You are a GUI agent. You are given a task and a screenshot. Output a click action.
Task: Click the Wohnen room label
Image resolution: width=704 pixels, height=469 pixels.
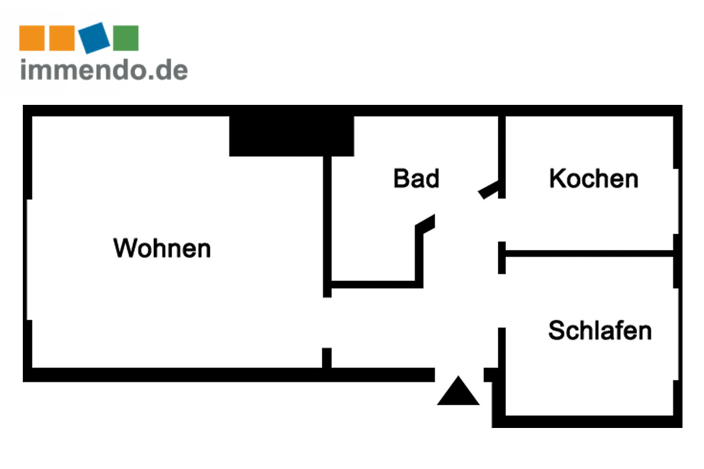click(162, 248)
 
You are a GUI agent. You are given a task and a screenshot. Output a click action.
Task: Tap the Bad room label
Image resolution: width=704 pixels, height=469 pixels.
click(416, 178)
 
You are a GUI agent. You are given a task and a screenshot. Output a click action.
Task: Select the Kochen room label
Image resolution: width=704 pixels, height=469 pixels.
click(593, 178)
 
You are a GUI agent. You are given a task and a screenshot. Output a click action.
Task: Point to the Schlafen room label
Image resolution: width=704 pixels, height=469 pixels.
click(599, 330)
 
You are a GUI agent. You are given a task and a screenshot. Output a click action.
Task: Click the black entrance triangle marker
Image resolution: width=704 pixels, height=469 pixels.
click(458, 392)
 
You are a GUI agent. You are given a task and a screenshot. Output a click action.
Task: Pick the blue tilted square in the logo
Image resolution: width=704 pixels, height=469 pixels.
click(95, 37)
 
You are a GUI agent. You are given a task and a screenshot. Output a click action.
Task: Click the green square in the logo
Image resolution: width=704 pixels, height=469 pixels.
click(126, 38)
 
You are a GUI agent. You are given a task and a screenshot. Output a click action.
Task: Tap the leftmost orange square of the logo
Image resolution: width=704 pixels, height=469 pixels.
click(31, 38)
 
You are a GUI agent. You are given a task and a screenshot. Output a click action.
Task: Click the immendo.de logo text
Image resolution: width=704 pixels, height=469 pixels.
click(104, 69)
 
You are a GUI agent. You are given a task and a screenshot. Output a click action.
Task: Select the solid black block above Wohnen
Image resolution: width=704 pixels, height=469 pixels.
click(291, 135)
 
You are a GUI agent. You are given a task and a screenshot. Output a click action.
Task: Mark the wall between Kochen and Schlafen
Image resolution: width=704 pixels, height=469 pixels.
click(590, 253)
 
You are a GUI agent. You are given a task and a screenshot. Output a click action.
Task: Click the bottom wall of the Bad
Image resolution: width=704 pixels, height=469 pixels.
click(375, 284)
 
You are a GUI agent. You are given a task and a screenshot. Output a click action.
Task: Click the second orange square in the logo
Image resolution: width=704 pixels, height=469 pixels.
click(63, 38)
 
